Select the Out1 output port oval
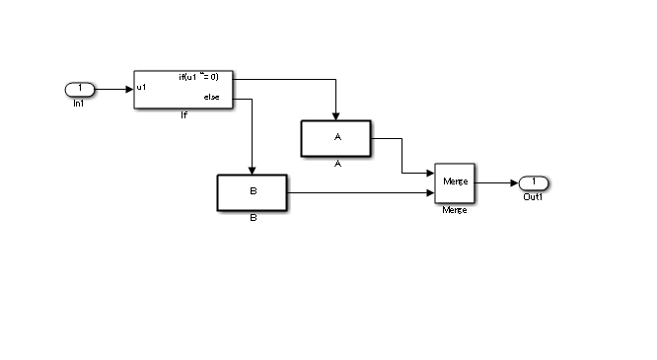pyautogui.click(x=533, y=182)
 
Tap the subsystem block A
pyautogui.click(x=335, y=138)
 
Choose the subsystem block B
pyautogui.click(x=252, y=192)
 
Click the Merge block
pyautogui.click(x=455, y=182)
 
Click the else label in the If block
pyautogui.click(x=211, y=98)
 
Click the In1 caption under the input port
pyautogui.click(x=79, y=104)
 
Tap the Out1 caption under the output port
pyautogui.click(x=533, y=197)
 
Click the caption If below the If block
pyautogui.click(x=183, y=115)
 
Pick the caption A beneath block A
pyautogui.click(x=336, y=164)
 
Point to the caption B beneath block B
pyautogui.click(x=253, y=217)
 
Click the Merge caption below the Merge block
pyautogui.click(x=455, y=210)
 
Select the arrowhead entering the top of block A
pyautogui.click(x=336, y=115)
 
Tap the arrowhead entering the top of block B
pyautogui.click(x=253, y=170)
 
